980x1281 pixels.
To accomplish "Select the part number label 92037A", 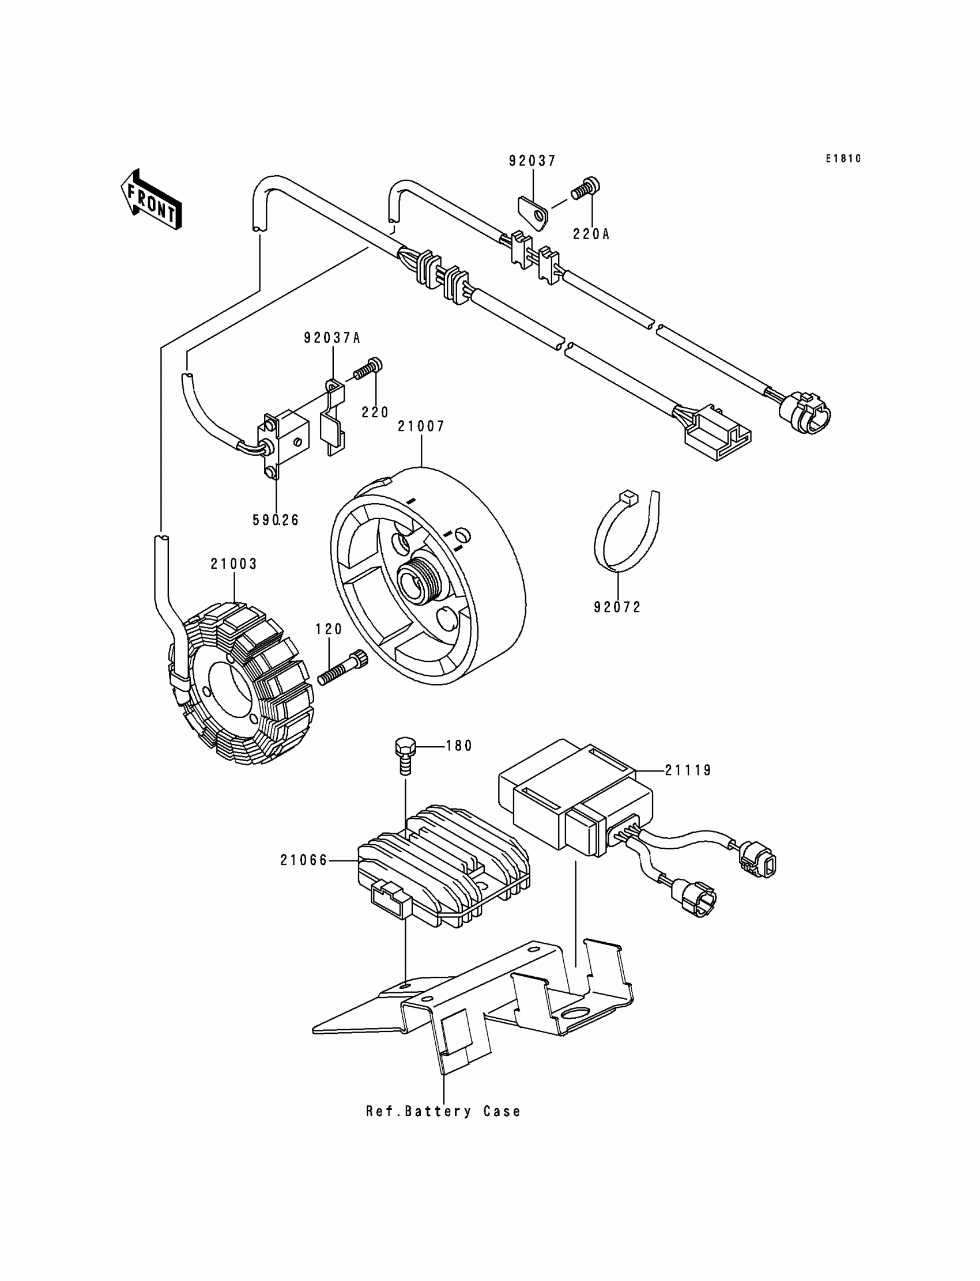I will (332, 338).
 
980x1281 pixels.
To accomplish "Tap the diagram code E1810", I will (843, 158).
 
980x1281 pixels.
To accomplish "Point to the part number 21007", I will (421, 427).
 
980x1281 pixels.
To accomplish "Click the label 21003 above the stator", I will (234, 564).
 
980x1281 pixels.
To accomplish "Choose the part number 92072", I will (617, 607).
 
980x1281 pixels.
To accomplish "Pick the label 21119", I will (688, 770).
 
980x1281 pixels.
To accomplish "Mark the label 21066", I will (304, 860).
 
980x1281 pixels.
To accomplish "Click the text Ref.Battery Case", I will (443, 1112).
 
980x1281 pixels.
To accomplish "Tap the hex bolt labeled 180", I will (404, 755).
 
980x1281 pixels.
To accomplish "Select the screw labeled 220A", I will (586, 188).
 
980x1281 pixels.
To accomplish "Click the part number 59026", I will (276, 520).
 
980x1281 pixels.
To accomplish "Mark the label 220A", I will (591, 235).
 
